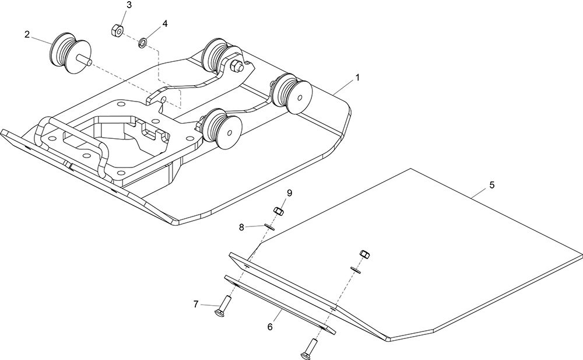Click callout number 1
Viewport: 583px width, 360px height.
tap(357, 78)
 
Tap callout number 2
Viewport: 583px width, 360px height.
tap(27, 34)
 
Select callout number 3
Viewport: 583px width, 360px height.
tap(129, 5)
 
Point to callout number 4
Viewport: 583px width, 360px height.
tap(165, 23)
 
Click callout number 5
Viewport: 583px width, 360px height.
tap(492, 185)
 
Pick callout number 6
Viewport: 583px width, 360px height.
tap(270, 327)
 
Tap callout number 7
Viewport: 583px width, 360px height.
tap(196, 304)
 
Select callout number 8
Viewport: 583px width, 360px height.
tap(242, 227)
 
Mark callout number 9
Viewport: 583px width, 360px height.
tap(289, 193)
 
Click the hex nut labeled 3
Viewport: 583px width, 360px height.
tap(117, 30)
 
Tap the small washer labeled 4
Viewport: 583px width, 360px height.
tap(142, 43)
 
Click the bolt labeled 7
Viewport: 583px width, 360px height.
tap(223, 307)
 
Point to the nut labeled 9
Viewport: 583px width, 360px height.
tap(279, 211)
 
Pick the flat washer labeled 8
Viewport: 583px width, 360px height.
tap(269, 227)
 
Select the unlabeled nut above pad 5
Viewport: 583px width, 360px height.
tap(364, 254)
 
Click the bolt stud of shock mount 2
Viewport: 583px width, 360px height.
tap(83, 60)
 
